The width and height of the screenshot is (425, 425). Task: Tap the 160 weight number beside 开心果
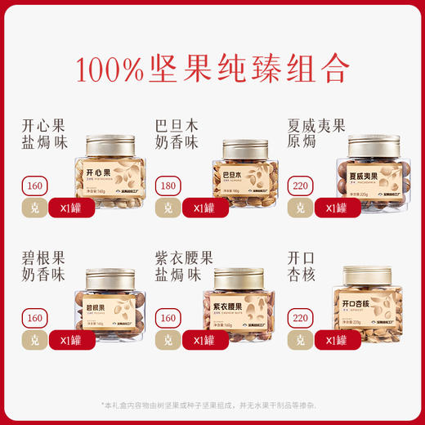click(34, 185)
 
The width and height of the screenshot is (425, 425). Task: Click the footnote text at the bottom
click(212, 405)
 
